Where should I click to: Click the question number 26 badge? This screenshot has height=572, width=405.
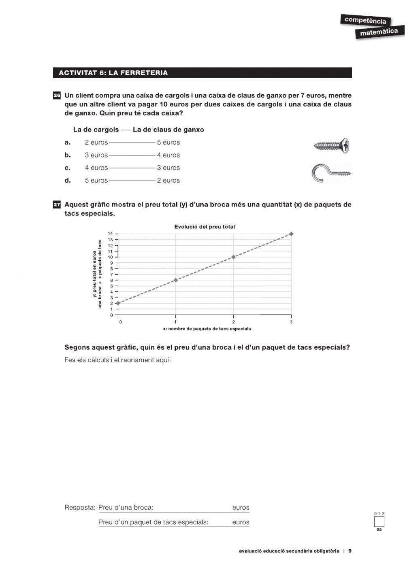click(57, 96)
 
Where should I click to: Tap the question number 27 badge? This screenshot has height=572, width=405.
click(57, 205)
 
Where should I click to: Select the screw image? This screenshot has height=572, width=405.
click(332, 145)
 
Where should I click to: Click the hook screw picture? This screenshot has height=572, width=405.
click(331, 173)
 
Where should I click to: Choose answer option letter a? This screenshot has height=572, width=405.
click(68, 142)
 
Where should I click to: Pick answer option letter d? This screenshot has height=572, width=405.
click(68, 181)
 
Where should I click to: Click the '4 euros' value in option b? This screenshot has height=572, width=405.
click(168, 155)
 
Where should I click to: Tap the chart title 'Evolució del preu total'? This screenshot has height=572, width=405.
click(205, 227)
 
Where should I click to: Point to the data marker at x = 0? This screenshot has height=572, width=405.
click(118, 303)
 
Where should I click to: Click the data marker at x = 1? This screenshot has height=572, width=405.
click(175, 280)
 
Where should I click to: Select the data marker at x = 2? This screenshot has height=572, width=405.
click(233, 257)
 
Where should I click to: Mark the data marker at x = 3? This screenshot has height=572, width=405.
click(291, 234)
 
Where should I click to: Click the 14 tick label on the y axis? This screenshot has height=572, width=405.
click(110, 234)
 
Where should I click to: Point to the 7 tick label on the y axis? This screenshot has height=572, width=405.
click(111, 274)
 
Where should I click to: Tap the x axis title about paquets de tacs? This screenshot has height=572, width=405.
click(207, 329)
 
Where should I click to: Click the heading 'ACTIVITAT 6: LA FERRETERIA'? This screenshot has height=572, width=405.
click(113, 73)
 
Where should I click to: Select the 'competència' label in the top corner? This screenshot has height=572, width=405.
click(365, 20)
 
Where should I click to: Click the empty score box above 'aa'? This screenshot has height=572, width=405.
click(379, 521)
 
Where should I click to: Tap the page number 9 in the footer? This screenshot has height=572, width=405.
click(350, 551)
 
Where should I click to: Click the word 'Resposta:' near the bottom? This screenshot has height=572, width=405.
click(80, 508)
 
